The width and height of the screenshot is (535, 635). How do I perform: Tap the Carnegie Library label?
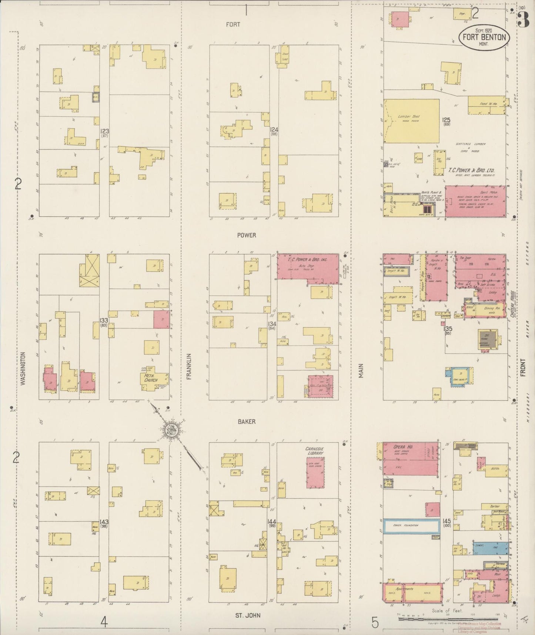pos(314,451)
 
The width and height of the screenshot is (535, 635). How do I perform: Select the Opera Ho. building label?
pos(403,447)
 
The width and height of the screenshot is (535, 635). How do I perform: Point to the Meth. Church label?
pos(151,378)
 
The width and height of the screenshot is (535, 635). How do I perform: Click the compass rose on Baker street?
pos(173,430)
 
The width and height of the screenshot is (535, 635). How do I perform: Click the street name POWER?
pos(246,235)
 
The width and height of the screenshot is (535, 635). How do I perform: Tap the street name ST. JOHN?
pos(248,615)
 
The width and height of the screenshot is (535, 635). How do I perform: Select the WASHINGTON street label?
pos(23,369)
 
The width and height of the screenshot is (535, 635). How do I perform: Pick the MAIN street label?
pos(361,371)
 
